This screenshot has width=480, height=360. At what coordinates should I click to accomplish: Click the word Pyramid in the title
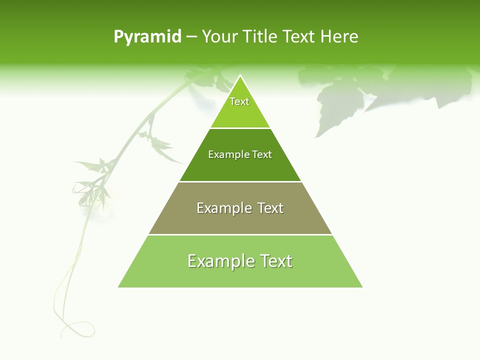[x=147, y=37]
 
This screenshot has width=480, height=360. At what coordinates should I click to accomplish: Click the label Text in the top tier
[x=239, y=101]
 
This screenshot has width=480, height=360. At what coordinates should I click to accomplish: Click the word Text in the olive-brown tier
[x=270, y=208]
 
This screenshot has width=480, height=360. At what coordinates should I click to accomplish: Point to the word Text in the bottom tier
[x=275, y=261]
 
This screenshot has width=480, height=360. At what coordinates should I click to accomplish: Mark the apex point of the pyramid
[x=240, y=76]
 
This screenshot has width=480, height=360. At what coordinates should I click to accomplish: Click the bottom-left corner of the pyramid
[x=119, y=286]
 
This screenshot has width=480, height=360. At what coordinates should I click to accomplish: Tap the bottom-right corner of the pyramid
[x=361, y=286]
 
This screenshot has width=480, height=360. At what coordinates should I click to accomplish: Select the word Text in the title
[x=299, y=37]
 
